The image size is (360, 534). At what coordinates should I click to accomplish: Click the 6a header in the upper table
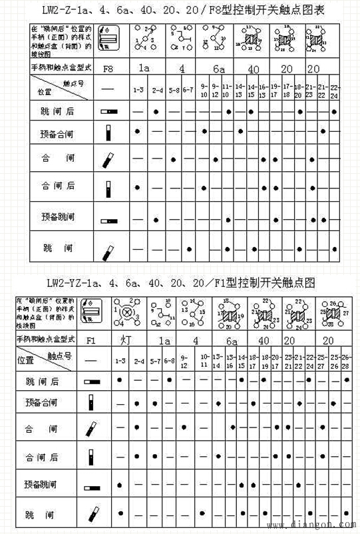(x=218, y=69)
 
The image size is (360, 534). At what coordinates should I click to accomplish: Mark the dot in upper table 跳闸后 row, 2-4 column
(x=156, y=112)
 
